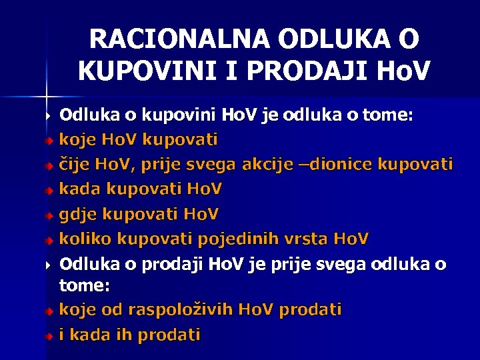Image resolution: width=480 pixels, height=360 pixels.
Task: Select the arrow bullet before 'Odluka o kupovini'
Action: point(49,116)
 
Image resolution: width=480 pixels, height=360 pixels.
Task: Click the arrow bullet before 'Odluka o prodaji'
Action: point(49,265)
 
